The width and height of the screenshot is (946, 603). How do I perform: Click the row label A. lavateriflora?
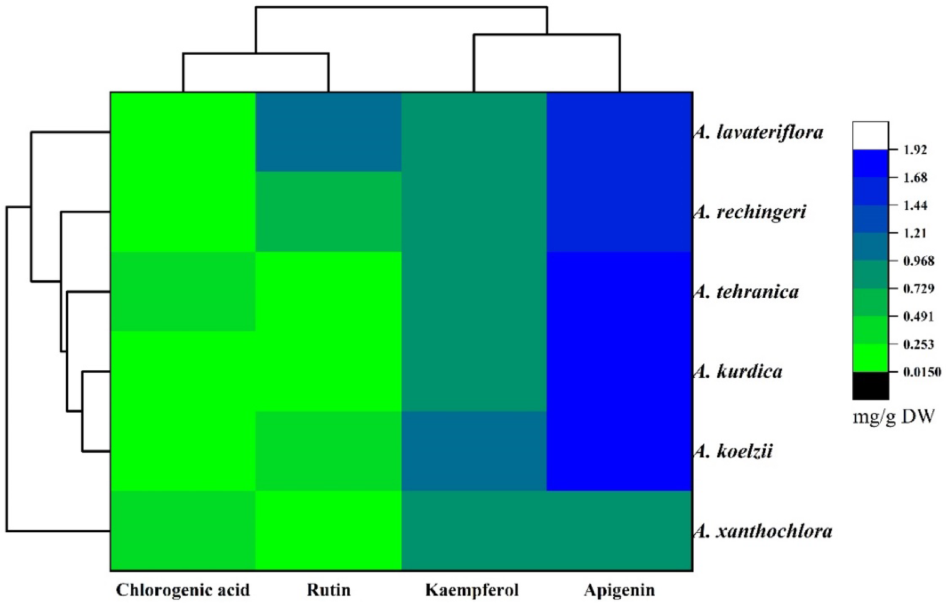click(758, 132)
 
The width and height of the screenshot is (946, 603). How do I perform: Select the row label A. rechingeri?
click(750, 212)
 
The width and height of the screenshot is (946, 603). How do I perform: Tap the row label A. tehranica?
click(746, 292)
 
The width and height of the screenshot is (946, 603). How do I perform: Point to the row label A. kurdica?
click(738, 372)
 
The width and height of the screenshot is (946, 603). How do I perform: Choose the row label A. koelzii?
click(733, 451)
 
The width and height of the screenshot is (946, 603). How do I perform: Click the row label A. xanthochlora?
click(763, 531)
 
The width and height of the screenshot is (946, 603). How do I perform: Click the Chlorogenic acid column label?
click(183, 590)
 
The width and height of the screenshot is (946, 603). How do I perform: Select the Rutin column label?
click(329, 590)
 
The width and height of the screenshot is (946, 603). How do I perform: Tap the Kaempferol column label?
click(472, 590)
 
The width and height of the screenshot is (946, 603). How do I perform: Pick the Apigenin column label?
click(619, 590)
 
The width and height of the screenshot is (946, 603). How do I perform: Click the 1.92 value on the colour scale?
click(915, 150)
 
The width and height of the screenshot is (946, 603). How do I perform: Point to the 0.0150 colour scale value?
click(922, 372)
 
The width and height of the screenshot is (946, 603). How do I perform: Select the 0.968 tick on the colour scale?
click(919, 261)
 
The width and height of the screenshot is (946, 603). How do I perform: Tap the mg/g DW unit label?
click(893, 417)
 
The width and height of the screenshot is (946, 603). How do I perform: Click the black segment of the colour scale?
click(870, 385)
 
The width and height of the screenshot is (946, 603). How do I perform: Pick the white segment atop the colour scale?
click(870, 135)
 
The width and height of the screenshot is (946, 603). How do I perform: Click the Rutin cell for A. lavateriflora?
click(329, 132)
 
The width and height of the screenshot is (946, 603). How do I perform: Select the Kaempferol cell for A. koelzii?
click(474, 451)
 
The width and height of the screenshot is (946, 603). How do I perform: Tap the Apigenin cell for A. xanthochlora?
click(619, 531)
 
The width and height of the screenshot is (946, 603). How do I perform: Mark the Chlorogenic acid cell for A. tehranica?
click(183, 292)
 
